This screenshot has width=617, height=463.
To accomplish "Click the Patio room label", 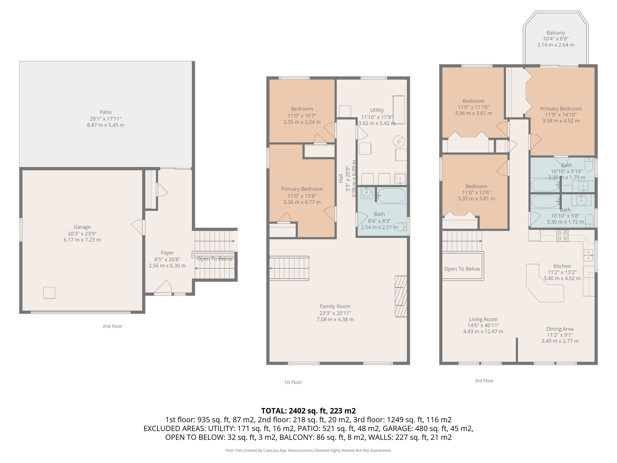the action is click(105, 112).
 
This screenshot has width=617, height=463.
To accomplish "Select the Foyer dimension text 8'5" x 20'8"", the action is click(167, 259).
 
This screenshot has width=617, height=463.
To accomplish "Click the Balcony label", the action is click(556, 33).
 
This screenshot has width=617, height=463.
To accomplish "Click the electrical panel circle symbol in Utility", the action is click(399, 141).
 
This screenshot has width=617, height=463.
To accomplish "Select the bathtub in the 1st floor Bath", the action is click(391, 196).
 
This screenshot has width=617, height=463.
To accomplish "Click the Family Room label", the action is click(335, 306).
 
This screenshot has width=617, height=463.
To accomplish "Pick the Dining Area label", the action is click(560, 329).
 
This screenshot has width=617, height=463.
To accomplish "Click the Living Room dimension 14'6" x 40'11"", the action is click(483, 325).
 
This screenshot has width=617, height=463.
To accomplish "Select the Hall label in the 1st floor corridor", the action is click(341, 179).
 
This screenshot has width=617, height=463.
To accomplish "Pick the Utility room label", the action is click(377, 110).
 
